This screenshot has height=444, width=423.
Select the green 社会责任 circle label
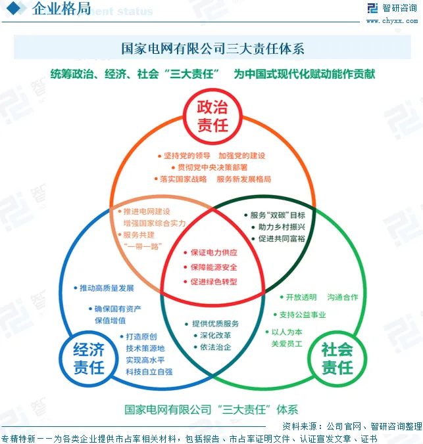(x=336, y=358)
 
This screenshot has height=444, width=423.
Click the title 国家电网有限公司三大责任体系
(x=212, y=49)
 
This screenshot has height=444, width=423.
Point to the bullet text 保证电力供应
(x=214, y=253)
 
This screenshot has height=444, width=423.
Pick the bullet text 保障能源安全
(x=214, y=267)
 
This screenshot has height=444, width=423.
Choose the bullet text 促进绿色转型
(x=214, y=282)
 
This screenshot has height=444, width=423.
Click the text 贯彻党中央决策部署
(x=212, y=167)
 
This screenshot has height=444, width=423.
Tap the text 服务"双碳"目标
(x=277, y=215)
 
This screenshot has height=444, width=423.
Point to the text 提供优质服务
(x=215, y=324)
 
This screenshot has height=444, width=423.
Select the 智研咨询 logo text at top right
(x=397, y=8)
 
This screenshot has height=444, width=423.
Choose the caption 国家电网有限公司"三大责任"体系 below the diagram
(x=211, y=409)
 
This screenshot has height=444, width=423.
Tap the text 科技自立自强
(x=149, y=372)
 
